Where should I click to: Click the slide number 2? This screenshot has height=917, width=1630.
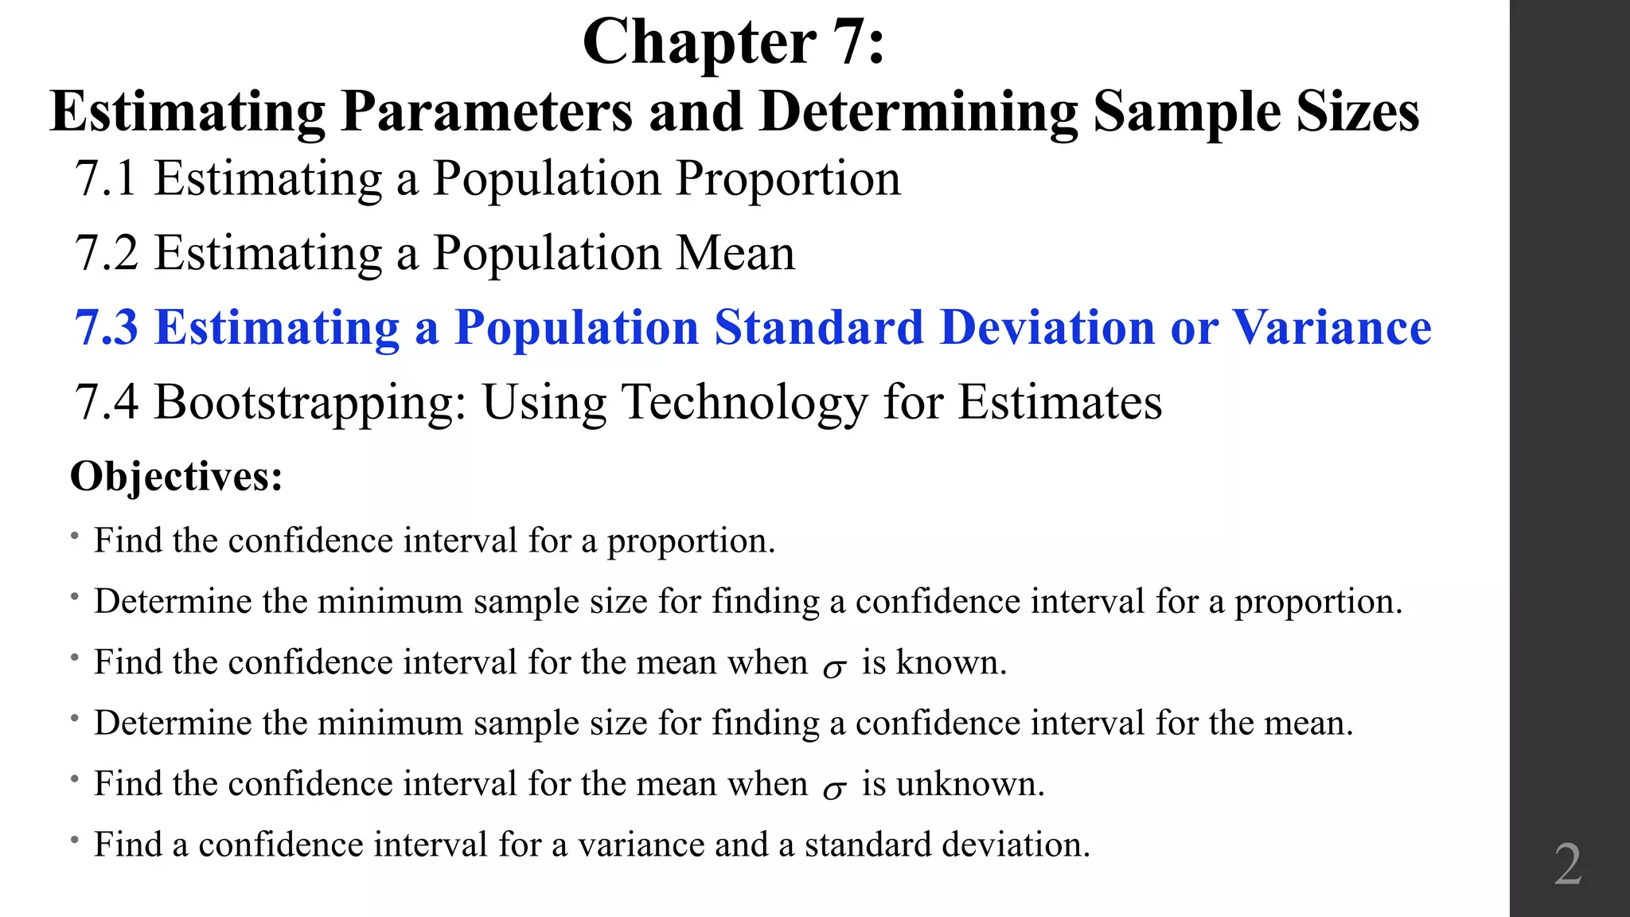click(1567, 864)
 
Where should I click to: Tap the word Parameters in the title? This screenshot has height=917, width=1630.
click(486, 111)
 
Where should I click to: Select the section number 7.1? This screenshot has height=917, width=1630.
click(106, 178)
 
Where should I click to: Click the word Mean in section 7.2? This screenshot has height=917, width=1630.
click(735, 253)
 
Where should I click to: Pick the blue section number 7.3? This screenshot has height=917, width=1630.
click(106, 327)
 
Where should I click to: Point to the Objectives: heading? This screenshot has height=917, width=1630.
click(177, 477)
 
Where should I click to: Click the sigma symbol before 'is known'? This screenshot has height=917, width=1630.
click(834, 668)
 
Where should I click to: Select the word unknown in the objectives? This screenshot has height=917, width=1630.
click(969, 784)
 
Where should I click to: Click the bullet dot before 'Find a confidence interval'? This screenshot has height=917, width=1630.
click(74, 840)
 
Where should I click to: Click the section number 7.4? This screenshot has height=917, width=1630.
click(106, 402)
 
